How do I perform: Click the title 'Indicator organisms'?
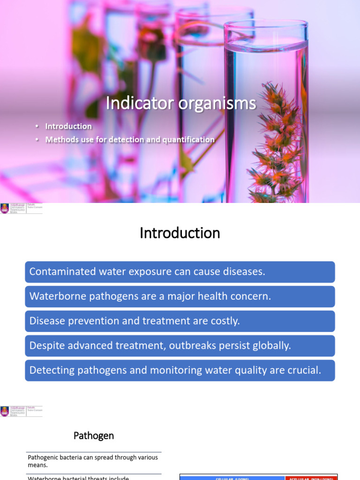[x=180, y=103]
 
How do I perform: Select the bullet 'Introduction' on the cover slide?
[x=68, y=126]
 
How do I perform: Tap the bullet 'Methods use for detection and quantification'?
[x=130, y=140]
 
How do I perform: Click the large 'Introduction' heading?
[x=180, y=233]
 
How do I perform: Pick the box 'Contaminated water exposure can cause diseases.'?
[x=180, y=272]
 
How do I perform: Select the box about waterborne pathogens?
[x=180, y=296]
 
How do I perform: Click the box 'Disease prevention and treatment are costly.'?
[x=180, y=321]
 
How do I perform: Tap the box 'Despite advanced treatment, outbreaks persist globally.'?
[x=180, y=345]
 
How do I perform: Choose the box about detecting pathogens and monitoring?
[x=180, y=370]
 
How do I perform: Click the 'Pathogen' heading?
[x=94, y=436]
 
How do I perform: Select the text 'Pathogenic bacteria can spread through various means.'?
[x=93, y=461]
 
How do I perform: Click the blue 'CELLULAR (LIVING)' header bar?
[x=232, y=477]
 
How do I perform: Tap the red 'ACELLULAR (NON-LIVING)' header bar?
[x=311, y=477]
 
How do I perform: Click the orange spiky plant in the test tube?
[x=277, y=141]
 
